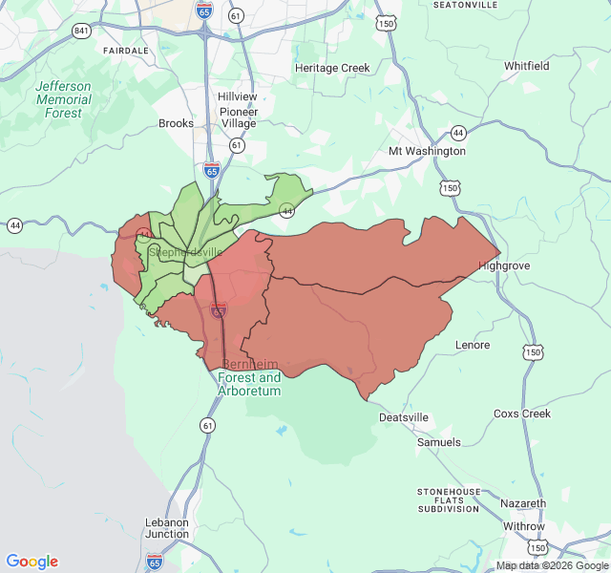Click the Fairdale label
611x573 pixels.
[x=126, y=50]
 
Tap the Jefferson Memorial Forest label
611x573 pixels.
[x=64, y=99]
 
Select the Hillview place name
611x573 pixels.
[x=237, y=97]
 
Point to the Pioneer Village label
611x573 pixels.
[x=239, y=117]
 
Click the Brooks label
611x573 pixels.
[x=176, y=123]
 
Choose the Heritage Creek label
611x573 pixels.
[x=331, y=68]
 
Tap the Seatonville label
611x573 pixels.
[x=465, y=5]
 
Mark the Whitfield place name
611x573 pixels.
[x=527, y=66]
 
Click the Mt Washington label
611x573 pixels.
[x=427, y=151]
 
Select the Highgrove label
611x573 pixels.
[x=504, y=265]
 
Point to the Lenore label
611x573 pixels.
[x=473, y=345]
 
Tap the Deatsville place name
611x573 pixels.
[x=404, y=417]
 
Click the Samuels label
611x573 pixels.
[x=438, y=442]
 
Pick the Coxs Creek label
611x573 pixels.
[x=522, y=414]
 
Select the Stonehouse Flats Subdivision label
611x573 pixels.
[x=448, y=499]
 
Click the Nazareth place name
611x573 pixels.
[x=523, y=503]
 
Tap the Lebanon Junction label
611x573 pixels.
[x=167, y=528]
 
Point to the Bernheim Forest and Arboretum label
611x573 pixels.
[x=251, y=377]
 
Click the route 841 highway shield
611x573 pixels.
[x=81, y=31]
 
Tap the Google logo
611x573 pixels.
[x=32, y=562]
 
